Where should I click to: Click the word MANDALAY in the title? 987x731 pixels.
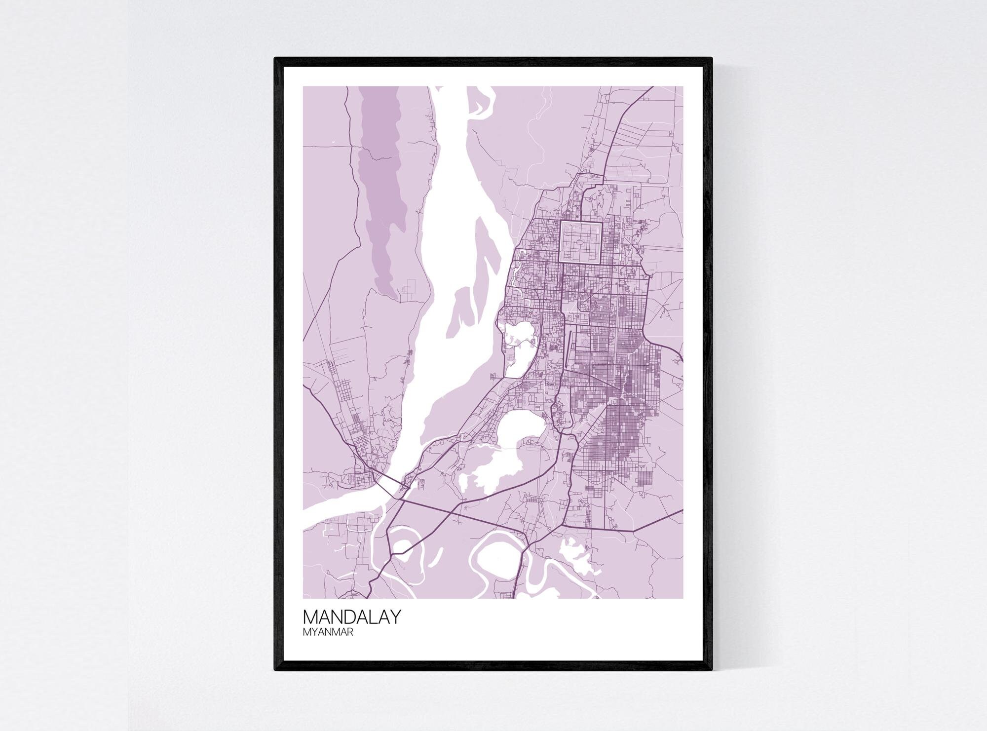351,617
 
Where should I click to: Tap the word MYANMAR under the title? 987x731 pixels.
328,632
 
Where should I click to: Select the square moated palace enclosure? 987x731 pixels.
580,241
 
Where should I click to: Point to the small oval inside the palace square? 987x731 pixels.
580,242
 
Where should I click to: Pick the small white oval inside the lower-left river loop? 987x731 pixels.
403,546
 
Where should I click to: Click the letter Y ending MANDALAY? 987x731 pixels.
394,617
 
